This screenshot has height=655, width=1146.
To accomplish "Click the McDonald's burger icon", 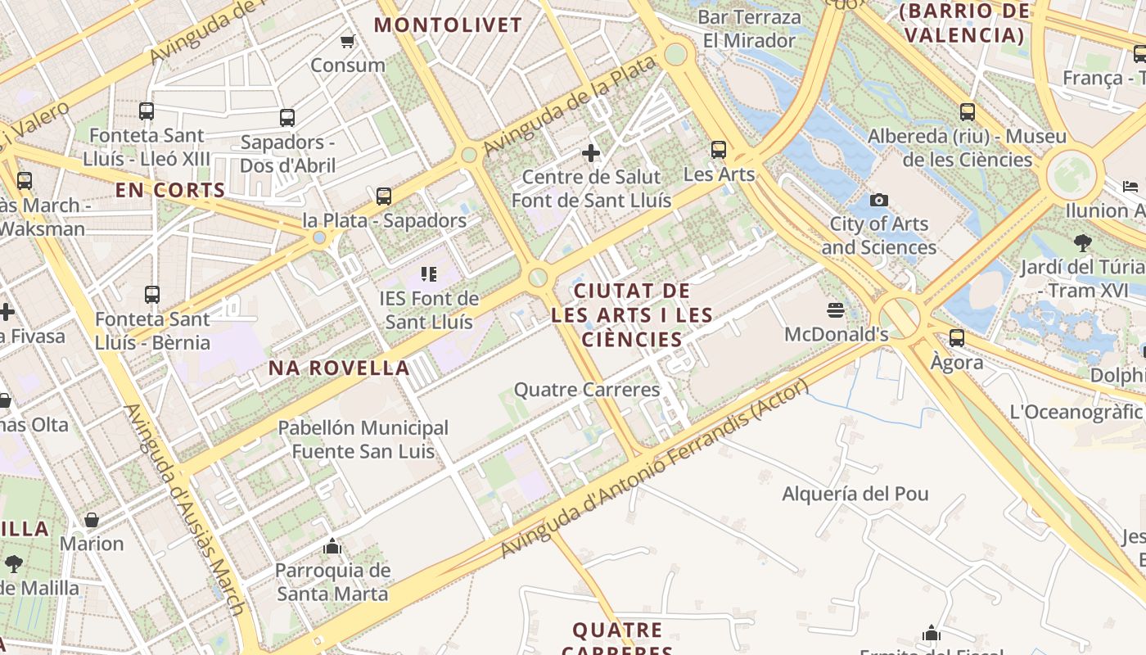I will pyautogui.click(x=836, y=309).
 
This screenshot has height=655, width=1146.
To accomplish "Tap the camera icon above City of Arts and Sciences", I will pyautogui.click(x=878, y=200).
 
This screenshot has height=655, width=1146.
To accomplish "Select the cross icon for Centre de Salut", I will pyautogui.click(x=591, y=152).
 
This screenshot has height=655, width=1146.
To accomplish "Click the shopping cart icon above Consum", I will pyautogui.click(x=348, y=41).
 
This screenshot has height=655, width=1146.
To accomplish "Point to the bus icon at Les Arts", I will pyautogui.click(x=719, y=150).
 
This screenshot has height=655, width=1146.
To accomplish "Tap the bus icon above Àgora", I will pyautogui.click(x=956, y=337).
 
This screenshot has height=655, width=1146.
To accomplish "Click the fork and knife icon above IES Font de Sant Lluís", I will pyautogui.click(x=429, y=273).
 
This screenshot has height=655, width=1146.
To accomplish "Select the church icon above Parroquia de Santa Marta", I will pyautogui.click(x=332, y=545).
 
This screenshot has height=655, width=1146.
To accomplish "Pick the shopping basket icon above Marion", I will pyautogui.click(x=92, y=519).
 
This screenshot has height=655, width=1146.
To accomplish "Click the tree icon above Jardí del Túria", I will pyautogui.click(x=1083, y=242).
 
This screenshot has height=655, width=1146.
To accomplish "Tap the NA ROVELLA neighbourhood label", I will pyautogui.click(x=339, y=368).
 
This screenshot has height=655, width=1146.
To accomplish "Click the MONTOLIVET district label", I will pyautogui.click(x=448, y=25).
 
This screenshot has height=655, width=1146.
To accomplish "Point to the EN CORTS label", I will pyautogui.click(x=170, y=191).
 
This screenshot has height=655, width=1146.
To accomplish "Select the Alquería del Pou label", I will pyautogui.click(x=855, y=494).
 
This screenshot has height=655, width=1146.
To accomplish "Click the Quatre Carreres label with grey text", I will pyautogui.click(x=586, y=390).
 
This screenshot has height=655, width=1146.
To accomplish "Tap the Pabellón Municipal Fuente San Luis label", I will pyautogui.click(x=363, y=440).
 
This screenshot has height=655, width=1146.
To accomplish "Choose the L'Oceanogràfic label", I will pyautogui.click(x=1076, y=412).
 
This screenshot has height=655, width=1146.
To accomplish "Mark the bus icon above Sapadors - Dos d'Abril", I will pyautogui.click(x=286, y=117).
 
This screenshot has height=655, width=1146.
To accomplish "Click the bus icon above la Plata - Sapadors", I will pyautogui.click(x=384, y=196).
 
